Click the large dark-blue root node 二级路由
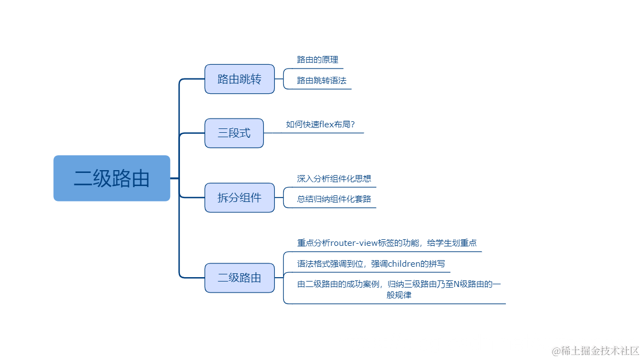(x=112, y=178)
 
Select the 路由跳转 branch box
(x=239, y=79)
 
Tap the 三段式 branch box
(x=234, y=133)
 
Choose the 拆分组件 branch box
(x=239, y=198)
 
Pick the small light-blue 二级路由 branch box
(x=239, y=278)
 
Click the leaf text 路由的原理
(x=318, y=59)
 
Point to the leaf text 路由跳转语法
(x=321, y=80)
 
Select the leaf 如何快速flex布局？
(x=320, y=124)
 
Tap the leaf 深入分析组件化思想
(x=334, y=178)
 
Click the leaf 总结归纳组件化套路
(x=334, y=199)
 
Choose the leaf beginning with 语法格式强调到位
(x=371, y=263)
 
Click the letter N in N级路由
(x=456, y=284)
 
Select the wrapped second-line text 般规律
(x=399, y=295)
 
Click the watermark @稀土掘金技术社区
(x=596, y=350)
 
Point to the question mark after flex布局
(x=352, y=124)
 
